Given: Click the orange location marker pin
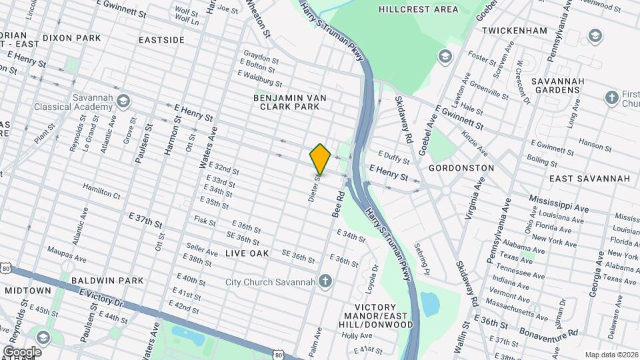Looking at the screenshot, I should point(321,159).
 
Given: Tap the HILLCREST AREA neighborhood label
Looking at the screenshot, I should point(419,9).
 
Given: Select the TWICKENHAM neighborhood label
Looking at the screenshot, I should point(514,31).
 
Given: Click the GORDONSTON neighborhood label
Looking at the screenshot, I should point(461,168).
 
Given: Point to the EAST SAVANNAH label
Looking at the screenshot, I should point(589,179).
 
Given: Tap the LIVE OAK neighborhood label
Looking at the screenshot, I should point(247,253).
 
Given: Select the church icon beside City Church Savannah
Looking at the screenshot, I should point(325,281).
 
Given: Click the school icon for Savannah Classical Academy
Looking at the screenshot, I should point(123,101).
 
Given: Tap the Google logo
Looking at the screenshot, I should point(22,351).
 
